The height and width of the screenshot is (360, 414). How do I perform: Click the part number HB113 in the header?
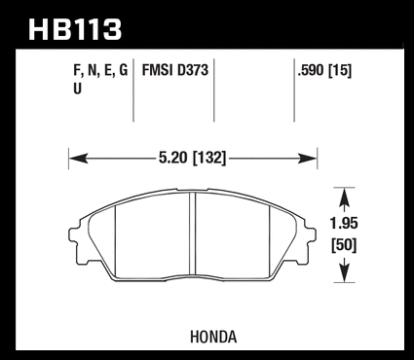point(75,29)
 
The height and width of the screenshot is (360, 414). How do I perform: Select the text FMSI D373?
point(175,70)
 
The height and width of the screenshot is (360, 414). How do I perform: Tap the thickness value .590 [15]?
point(324,70)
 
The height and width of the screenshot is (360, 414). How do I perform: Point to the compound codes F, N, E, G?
point(100,71)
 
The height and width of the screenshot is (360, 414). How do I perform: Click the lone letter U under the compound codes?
point(77,89)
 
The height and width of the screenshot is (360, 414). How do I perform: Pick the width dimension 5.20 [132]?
point(192,158)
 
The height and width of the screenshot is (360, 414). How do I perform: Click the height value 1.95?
point(344,224)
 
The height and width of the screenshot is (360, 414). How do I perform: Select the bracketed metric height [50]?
point(344,245)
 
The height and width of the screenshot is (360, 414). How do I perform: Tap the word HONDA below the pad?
point(213,337)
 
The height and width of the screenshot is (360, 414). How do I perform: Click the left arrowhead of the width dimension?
point(79,159)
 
